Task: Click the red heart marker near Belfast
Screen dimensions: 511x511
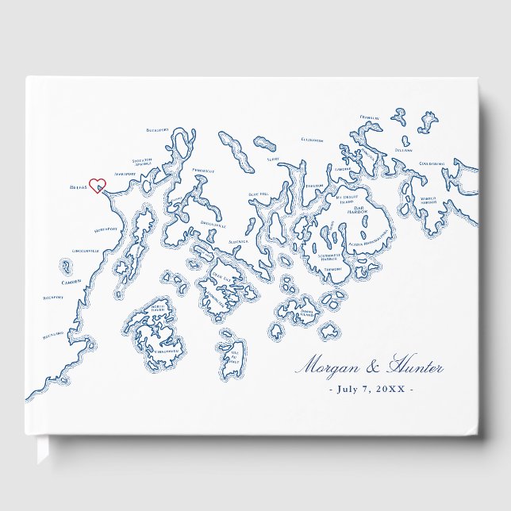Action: [97, 186]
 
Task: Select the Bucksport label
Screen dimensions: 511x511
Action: [159, 129]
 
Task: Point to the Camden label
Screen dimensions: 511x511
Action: [71, 282]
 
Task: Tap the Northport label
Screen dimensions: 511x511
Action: [106, 229]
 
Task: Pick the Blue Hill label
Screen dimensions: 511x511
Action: [260, 194]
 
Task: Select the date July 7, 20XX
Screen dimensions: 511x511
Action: [370, 389]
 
